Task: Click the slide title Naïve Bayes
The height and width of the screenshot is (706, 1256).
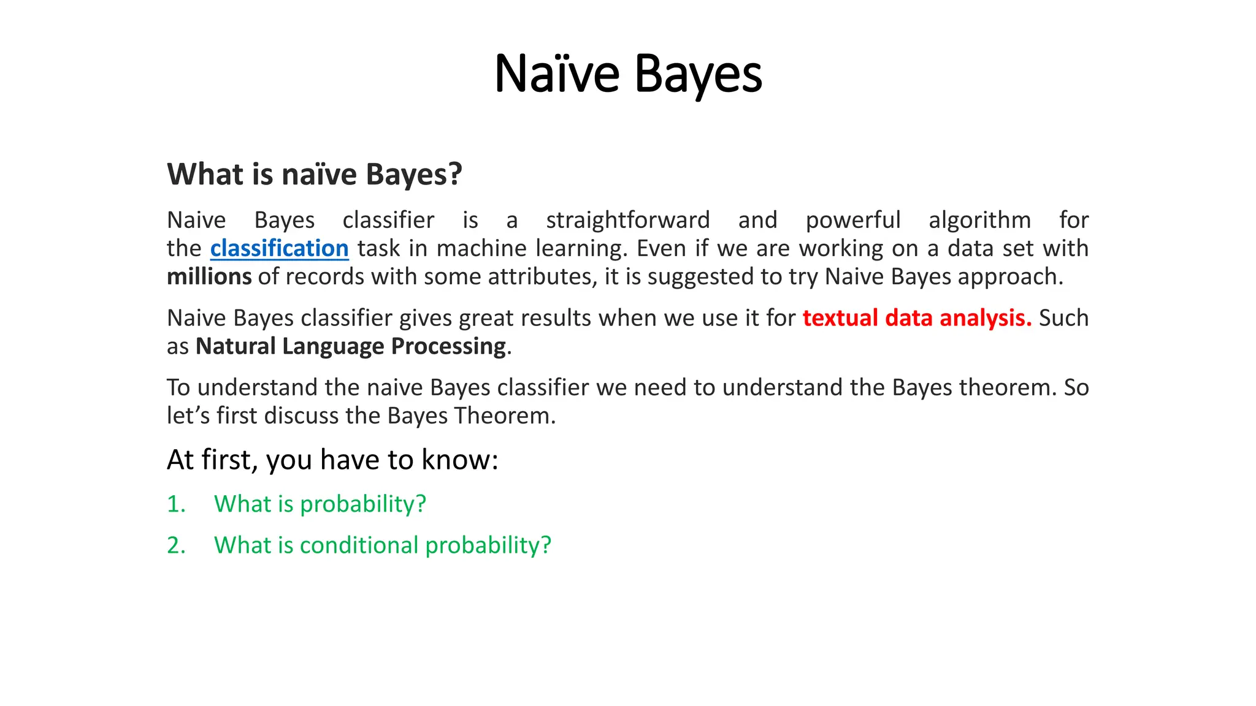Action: [x=628, y=74]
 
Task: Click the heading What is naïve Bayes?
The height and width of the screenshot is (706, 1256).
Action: [x=314, y=175]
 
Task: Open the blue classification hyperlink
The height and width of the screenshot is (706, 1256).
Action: [x=279, y=249]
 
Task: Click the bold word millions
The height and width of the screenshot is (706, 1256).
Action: [x=209, y=277]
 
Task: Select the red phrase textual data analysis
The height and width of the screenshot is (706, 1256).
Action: [x=917, y=318]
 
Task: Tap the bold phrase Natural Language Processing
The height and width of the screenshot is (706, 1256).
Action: [x=350, y=347]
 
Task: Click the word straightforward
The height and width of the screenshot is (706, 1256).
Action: [x=627, y=221]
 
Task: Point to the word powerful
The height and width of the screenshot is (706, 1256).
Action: [x=852, y=221]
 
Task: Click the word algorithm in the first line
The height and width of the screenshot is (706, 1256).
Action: [x=979, y=221]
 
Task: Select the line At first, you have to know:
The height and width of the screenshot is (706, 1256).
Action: [x=332, y=460]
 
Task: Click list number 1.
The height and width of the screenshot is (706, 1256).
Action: [x=176, y=504]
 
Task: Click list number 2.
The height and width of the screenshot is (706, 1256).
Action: [x=176, y=545]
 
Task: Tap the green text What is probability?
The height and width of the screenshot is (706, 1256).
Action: [x=320, y=504]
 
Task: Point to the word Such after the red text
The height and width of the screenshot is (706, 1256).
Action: [x=1063, y=318]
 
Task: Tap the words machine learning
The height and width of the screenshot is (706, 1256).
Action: [x=532, y=249]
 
